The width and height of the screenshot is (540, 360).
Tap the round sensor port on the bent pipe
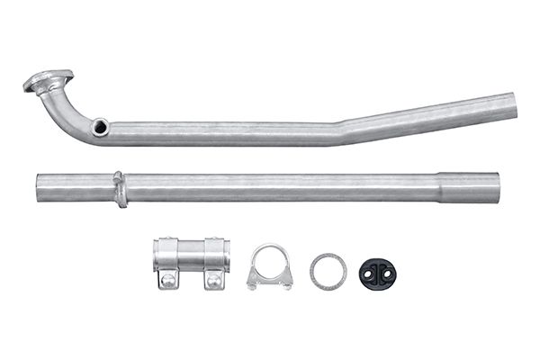[x=101, y=127]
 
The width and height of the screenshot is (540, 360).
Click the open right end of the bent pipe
[x=511, y=105]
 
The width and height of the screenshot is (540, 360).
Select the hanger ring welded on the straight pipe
[x=119, y=189]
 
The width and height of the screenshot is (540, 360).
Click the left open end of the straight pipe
[x=41, y=187]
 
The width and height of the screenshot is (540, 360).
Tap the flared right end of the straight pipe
[x=493, y=187]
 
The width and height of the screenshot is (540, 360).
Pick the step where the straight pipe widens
[x=439, y=187]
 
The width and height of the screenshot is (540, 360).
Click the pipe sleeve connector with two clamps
[x=190, y=262]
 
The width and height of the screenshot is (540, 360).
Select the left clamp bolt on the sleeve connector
[x=167, y=282]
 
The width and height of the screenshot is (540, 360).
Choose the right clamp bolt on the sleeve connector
[x=214, y=282]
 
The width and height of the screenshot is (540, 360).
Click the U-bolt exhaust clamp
[x=269, y=268]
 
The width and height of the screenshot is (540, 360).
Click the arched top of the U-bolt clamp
[x=269, y=249]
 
